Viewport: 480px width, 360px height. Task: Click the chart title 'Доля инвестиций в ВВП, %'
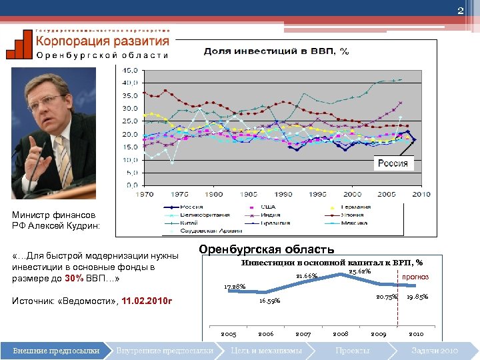click(276, 51)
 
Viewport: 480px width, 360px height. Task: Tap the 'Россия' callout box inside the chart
click(393, 163)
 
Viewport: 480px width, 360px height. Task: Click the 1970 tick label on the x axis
click(145, 194)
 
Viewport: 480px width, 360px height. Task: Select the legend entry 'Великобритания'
click(207, 215)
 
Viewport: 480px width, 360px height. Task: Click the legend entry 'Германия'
click(354, 207)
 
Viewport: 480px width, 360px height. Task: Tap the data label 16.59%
click(270, 301)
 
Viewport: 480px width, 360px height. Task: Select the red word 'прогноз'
click(415, 277)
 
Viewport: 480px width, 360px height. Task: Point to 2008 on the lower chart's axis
click(340, 333)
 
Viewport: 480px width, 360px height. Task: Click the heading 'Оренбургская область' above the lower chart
click(267, 249)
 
